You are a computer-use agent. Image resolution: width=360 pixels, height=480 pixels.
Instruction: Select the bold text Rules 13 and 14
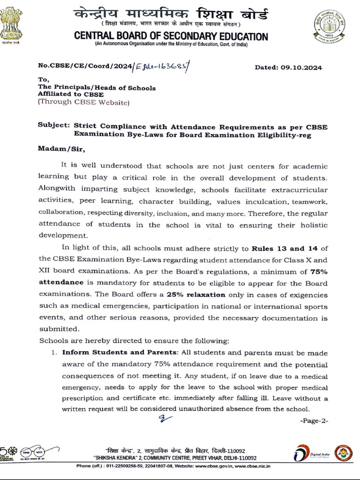click(x=278, y=248)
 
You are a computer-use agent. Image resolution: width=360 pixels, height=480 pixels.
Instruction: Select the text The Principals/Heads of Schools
click(x=97, y=88)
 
